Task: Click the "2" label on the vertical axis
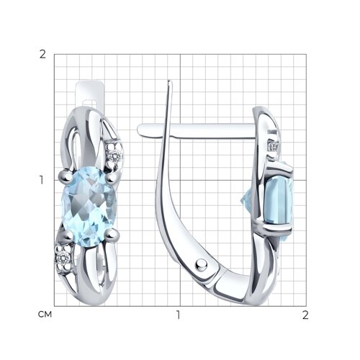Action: (x=42, y=55)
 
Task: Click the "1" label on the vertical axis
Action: (x=42, y=180)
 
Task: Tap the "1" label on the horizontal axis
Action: (x=178, y=315)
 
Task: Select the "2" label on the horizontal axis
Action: (x=305, y=315)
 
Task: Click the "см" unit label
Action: (x=45, y=315)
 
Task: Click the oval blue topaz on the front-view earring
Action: (x=89, y=207)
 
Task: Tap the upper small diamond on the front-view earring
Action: (x=114, y=156)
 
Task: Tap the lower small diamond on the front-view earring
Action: (x=63, y=258)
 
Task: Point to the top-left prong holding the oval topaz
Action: (x=66, y=176)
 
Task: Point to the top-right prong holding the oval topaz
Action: (x=111, y=179)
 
